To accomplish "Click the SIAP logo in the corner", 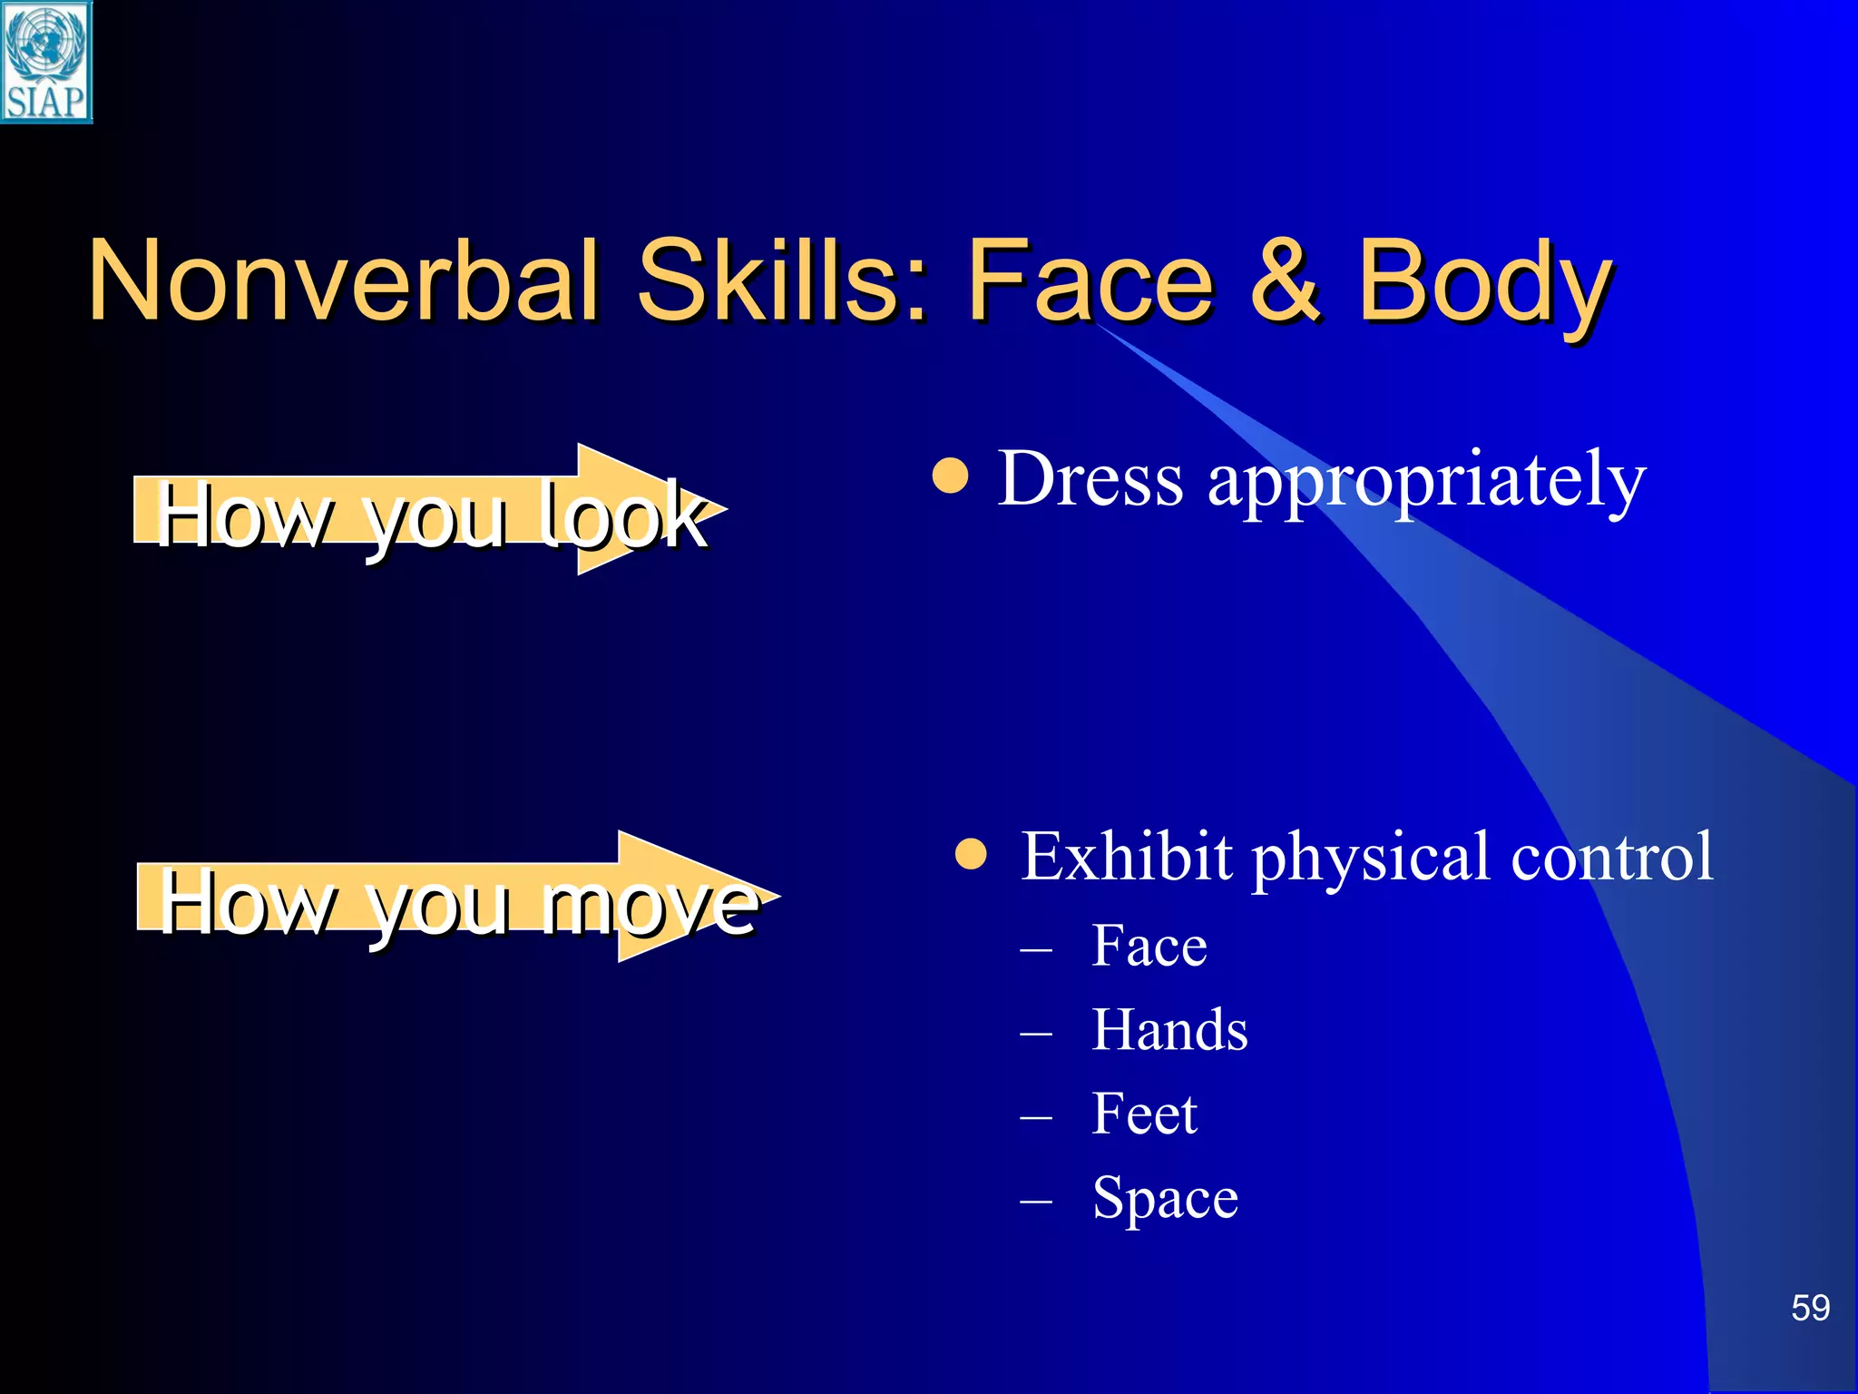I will [45, 62].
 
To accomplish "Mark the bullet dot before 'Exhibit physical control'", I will [971, 854].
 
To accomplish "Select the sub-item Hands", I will [1169, 1030].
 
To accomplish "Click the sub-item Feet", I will [1144, 1114].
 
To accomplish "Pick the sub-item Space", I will [1165, 1198].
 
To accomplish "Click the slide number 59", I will [1810, 1308].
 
